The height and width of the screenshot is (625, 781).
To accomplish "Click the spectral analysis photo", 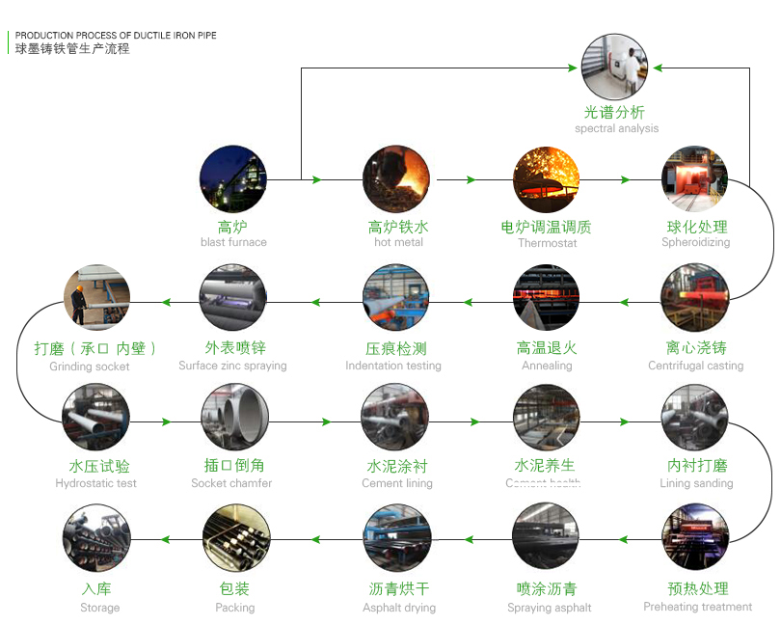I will tap(614, 67).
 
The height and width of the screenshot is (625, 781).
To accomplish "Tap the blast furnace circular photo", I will tap(232, 179).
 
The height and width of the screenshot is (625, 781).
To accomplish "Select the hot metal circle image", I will tap(396, 179).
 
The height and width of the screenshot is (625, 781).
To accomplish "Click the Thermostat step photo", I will tap(546, 179).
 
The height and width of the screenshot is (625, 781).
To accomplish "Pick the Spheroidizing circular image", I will tap(694, 179).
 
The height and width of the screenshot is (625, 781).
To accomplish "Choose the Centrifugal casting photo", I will tap(694, 298).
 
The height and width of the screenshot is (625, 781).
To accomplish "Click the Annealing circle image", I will tap(546, 298).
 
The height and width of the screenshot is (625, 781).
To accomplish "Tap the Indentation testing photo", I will tap(396, 298).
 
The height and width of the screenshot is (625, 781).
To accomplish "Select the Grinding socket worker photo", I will tap(96, 298).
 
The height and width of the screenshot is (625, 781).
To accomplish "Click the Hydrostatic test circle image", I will tap(95, 418).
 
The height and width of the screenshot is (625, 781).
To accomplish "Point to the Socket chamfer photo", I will tap(234, 418).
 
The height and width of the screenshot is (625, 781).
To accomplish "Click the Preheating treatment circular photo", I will tap(694, 537).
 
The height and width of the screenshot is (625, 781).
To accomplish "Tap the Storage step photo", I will tap(95, 537).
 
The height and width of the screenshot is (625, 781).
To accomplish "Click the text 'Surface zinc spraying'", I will tap(232, 366).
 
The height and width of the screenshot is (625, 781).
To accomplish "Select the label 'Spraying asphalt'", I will tap(550, 608).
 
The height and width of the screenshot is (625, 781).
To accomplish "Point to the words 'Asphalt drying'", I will tap(399, 608).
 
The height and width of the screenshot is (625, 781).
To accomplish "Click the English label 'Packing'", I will tap(235, 608).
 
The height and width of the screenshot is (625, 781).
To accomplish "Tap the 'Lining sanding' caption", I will tap(696, 483).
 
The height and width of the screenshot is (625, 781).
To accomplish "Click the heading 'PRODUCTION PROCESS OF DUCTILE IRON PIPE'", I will tap(116, 36).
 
